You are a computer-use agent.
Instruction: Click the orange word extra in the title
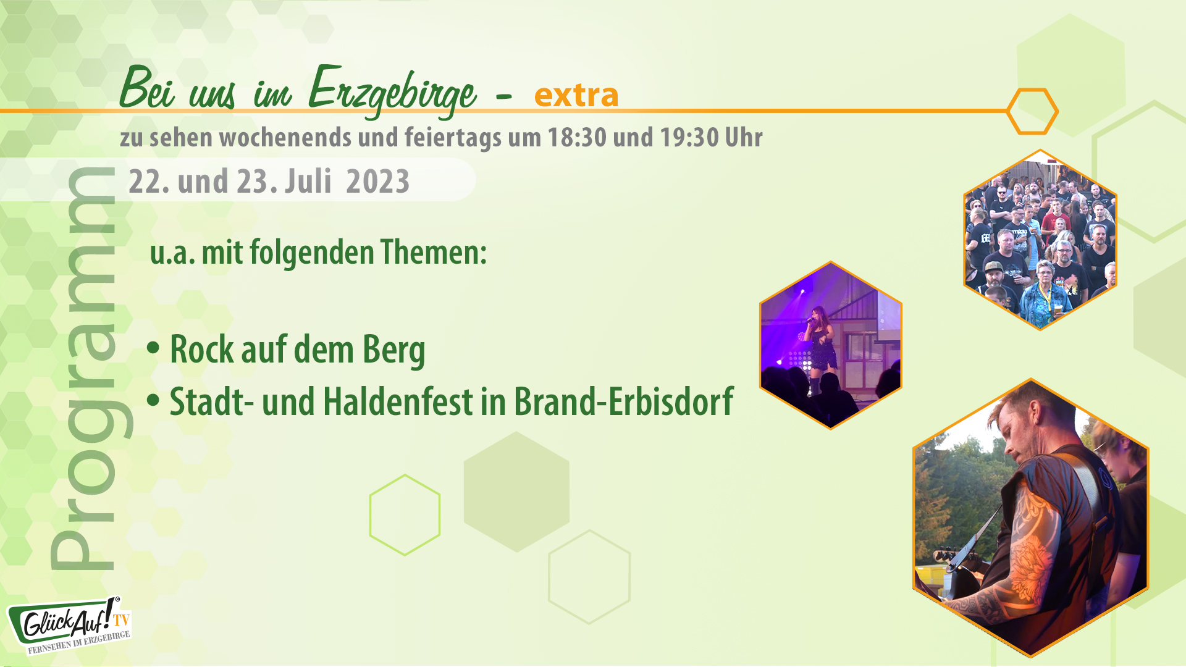pyautogui.click(x=576, y=95)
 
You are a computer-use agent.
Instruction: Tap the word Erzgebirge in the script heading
pyautogui.click(x=392, y=91)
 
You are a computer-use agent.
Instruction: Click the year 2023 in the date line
pyautogui.click(x=377, y=182)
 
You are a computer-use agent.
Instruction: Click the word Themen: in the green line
pyautogui.click(x=434, y=252)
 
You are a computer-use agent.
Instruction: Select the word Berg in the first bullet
pyautogui.click(x=393, y=350)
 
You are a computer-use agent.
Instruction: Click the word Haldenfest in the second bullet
pyautogui.click(x=397, y=401)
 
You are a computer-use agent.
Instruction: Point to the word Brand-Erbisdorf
pyautogui.click(x=623, y=401)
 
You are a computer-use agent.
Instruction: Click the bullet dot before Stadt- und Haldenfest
pyautogui.click(x=153, y=400)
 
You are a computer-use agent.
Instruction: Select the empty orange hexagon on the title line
pyautogui.click(x=1032, y=111)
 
